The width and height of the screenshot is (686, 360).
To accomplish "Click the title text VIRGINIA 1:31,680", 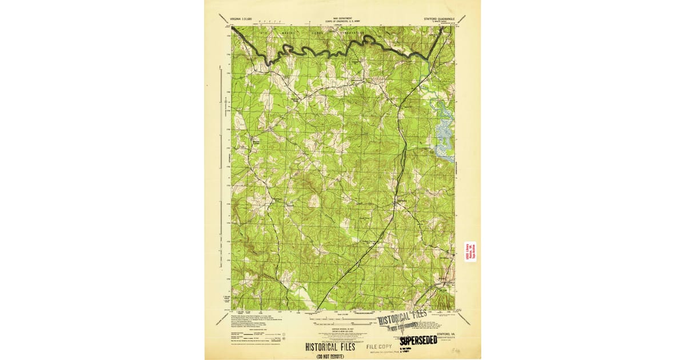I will point(241,19).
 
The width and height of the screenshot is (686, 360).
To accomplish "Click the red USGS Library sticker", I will point(470,251).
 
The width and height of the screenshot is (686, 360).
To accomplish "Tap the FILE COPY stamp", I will point(379,346).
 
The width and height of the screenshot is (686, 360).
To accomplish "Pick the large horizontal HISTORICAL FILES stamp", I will point(330,347).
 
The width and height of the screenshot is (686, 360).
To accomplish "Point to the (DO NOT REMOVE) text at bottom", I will point(330,356).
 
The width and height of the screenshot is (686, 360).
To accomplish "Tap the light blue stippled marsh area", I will point(442,137).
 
